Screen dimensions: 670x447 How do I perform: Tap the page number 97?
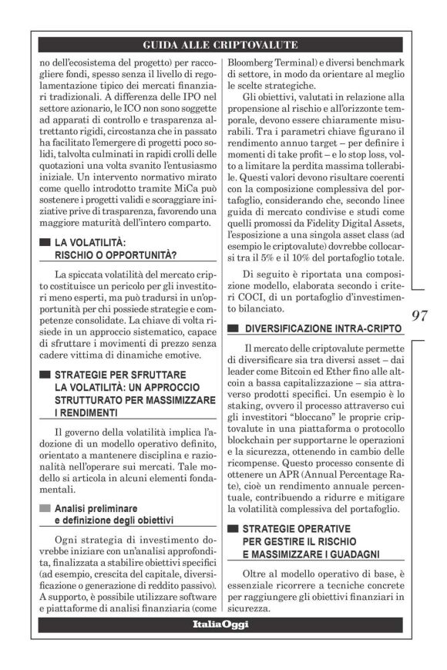point(421,315)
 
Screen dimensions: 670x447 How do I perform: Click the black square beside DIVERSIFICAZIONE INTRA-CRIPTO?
point(234,329)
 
